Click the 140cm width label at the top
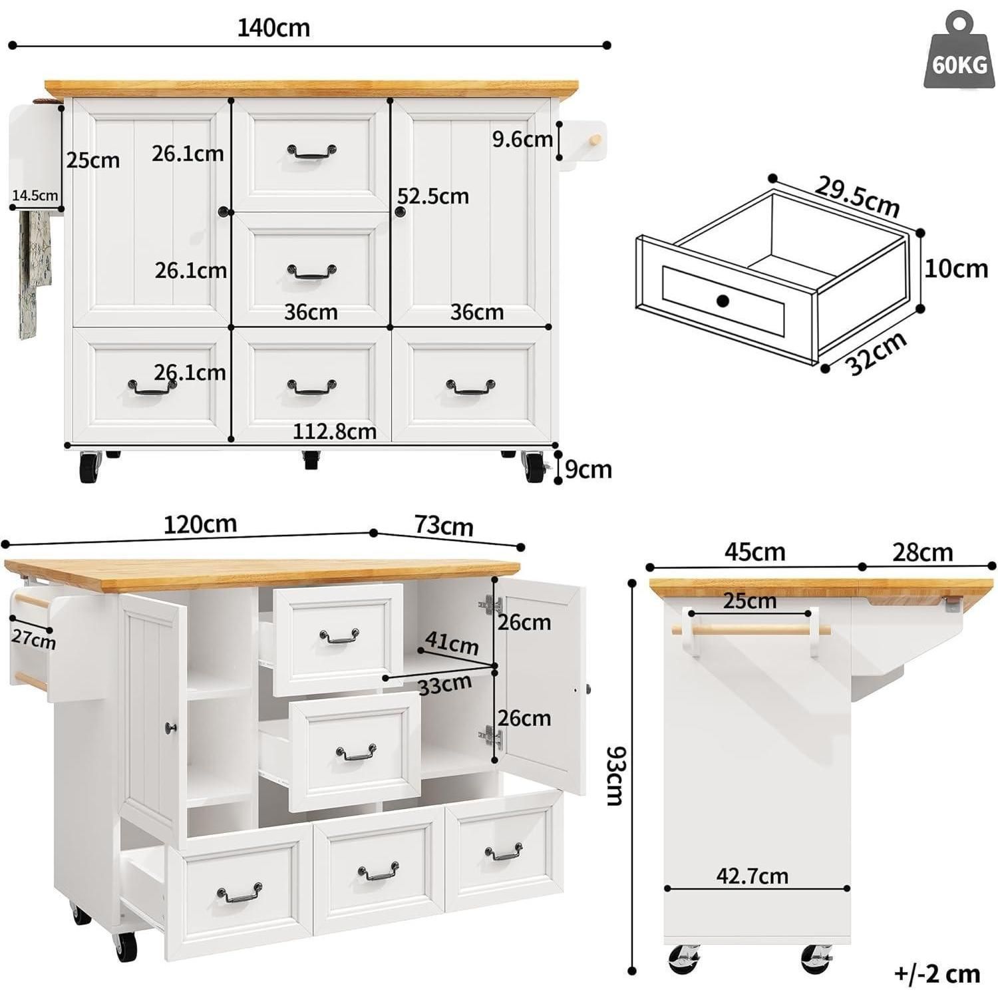coord(273,28)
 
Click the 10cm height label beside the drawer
coord(956,268)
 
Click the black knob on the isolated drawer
coord(723,301)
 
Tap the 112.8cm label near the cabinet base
coord(335,432)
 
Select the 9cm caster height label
coord(588,469)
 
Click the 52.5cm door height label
coord(433,196)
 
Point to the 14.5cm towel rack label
coord(35,195)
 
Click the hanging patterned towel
coord(34,273)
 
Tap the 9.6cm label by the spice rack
coord(522,139)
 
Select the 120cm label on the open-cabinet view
coord(200,524)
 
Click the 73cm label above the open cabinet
coord(444,526)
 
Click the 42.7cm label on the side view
coord(752,876)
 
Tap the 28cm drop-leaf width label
coord(923,552)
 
